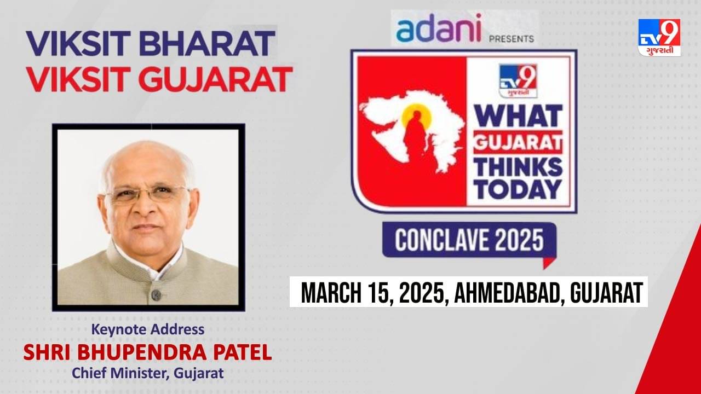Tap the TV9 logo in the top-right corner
click(x=659, y=37)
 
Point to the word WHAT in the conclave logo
click(x=518, y=115)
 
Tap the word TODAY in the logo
click(x=518, y=189)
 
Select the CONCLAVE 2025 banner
click(x=469, y=240)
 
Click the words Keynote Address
click(x=148, y=329)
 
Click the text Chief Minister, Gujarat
click(x=148, y=374)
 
